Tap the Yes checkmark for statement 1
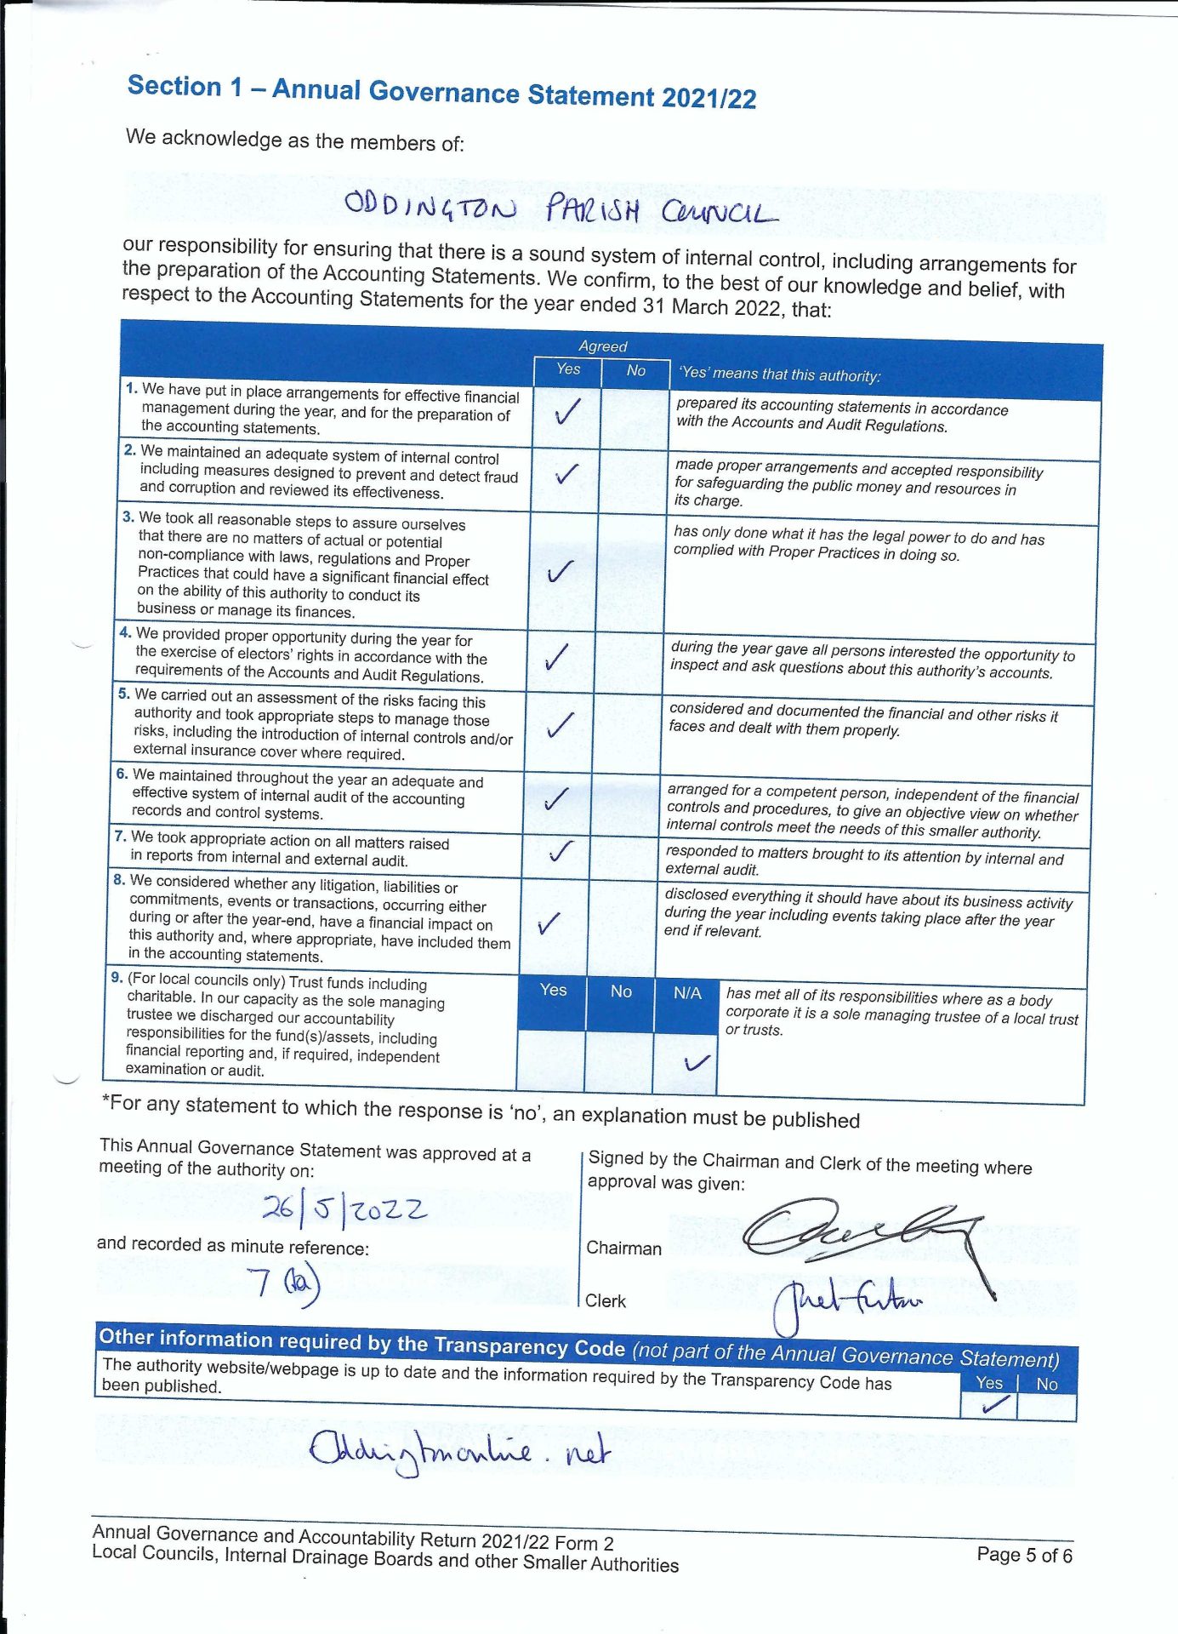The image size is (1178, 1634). pyautogui.click(x=566, y=413)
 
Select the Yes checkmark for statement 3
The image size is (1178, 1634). pyautogui.click(x=561, y=571)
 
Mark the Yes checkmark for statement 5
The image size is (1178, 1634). pyautogui.click(x=559, y=724)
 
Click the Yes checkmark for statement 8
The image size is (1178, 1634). pyautogui.click(x=549, y=923)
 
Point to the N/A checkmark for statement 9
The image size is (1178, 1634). pyautogui.click(x=696, y=1062)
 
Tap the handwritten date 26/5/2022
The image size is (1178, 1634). pyautogui.click(x=344, y=1208)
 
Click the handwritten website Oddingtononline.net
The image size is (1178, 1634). pyautogui.click(x=459, y=1451)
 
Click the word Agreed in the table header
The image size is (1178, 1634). pyautogui.click(x=602, y=346)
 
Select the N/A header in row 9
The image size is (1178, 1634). pyautogui.click(x=687, y=993)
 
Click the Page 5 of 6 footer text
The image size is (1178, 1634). pyautogui.click(x=1024, y=1555)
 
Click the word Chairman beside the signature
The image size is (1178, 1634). pyautogui.click(x=623, y=1248)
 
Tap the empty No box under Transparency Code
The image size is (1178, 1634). pyautogui.click(x=1047, y=1407)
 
